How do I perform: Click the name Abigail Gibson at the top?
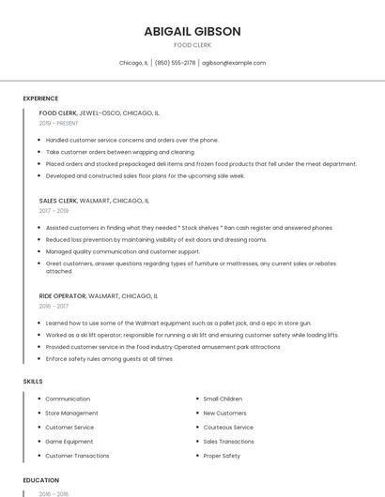click(192, 31)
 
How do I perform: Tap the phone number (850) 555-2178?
click(175, 63)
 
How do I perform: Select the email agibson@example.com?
click(234, 63)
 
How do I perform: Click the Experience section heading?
click(40, 98)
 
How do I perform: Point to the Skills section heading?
click(33, 382)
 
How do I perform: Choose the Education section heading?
click(40, 480)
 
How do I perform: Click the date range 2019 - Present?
click(58, 123)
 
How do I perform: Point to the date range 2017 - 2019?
click(54, 211)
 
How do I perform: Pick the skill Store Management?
click(71, 413)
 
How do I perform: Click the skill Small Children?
click(223, 399)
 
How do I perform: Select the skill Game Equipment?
click(69, 442)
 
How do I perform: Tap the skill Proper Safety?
click(222, 456)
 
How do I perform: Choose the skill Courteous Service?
click(228, 428)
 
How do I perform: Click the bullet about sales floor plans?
click(145, 175)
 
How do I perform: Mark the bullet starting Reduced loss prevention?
click(156, 239)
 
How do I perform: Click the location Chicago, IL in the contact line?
click(133, 63)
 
